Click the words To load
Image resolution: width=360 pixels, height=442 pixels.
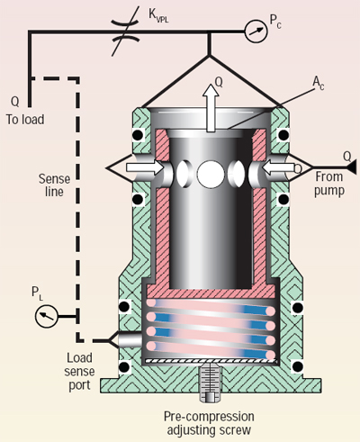coord(25,119)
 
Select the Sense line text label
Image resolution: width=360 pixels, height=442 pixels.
coord(51,184)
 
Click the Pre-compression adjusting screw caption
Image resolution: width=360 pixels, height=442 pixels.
coord(209,423)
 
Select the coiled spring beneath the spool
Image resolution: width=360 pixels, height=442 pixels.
coord(209,329)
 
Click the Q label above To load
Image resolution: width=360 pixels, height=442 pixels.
coord(13,101)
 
